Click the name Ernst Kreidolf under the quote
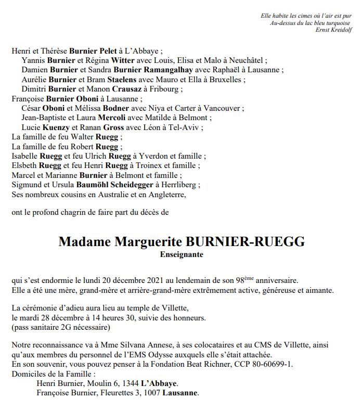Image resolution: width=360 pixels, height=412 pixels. tap(333, 30)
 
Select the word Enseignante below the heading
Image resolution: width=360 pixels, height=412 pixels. tap(182, 255)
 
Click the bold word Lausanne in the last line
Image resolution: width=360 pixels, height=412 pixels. tap(180, 393)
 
